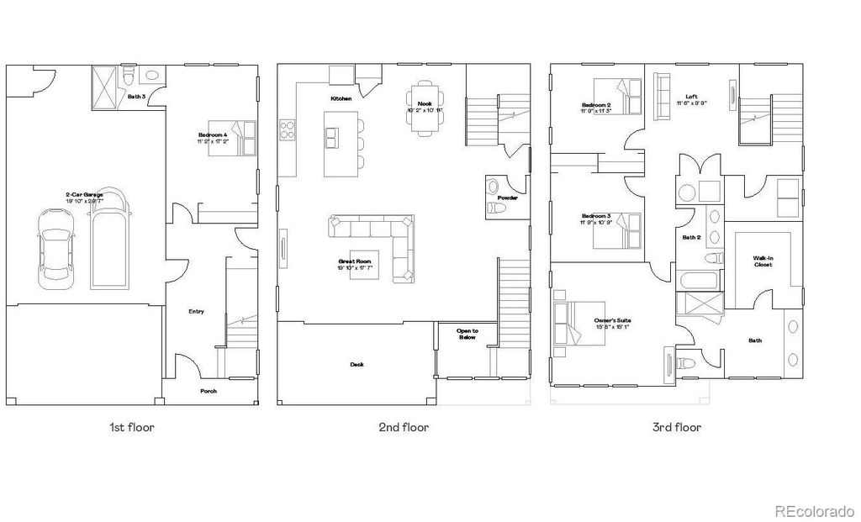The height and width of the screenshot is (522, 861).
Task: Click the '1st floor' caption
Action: pos(132,427)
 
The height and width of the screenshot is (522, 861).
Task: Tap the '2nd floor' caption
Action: pos(404,427)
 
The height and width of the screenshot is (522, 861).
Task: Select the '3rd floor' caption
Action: pos(676,427)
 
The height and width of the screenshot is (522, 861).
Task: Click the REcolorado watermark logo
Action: pos(814,509)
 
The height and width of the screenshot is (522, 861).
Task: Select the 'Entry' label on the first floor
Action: pos(196,311)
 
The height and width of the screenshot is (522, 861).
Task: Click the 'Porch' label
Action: pos(208,391)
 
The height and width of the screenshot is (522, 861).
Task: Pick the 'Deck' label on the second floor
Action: pos(357,364)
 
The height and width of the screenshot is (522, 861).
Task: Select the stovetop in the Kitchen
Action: pos(287,130)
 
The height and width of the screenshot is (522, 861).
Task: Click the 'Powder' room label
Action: pos(507,198)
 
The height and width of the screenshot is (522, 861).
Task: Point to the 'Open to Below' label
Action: pos(467,334)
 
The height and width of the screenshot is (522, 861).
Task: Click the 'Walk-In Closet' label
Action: pos(763,261)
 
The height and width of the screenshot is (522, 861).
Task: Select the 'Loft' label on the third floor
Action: pos(691,97)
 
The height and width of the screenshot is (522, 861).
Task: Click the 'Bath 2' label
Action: pos(691,237)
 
